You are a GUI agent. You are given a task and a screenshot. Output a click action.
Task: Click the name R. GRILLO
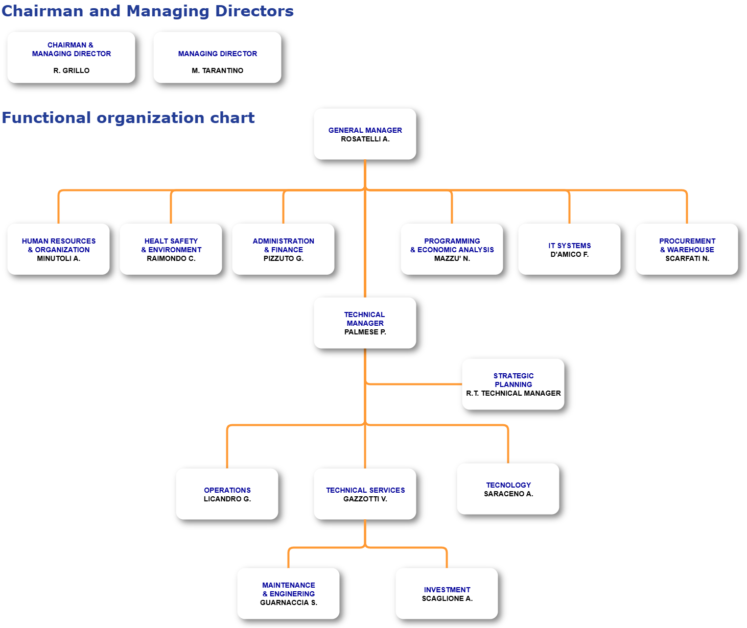71,70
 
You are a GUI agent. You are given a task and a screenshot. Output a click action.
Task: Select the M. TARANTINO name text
217,70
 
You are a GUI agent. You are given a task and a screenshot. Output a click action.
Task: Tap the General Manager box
365,134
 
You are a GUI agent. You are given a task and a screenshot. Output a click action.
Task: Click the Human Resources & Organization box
59,249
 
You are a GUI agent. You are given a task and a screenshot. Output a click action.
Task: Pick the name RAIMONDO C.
171,258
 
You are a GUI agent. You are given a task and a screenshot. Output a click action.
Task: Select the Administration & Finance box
284,249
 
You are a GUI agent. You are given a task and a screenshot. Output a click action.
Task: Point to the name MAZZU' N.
452,258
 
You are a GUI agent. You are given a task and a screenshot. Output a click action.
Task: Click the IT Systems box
569,249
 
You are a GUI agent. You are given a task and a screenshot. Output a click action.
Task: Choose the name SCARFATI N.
687,258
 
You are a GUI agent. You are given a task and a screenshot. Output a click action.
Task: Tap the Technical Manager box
365,323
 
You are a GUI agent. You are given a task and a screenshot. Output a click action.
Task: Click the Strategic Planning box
513,384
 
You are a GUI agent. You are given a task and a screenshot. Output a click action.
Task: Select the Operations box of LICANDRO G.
227,494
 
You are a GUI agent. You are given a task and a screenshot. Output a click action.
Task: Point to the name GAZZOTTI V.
365,499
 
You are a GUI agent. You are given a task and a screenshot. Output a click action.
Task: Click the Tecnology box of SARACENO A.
508,489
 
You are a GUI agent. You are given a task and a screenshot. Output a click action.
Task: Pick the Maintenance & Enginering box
288,593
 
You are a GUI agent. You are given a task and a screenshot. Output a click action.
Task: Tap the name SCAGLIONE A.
447,598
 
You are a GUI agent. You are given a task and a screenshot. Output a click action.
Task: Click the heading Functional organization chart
128,117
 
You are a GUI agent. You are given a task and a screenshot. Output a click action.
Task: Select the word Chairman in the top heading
42,11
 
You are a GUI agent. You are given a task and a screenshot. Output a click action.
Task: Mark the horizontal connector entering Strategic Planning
414,384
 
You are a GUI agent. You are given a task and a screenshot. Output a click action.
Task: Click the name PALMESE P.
365,332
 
